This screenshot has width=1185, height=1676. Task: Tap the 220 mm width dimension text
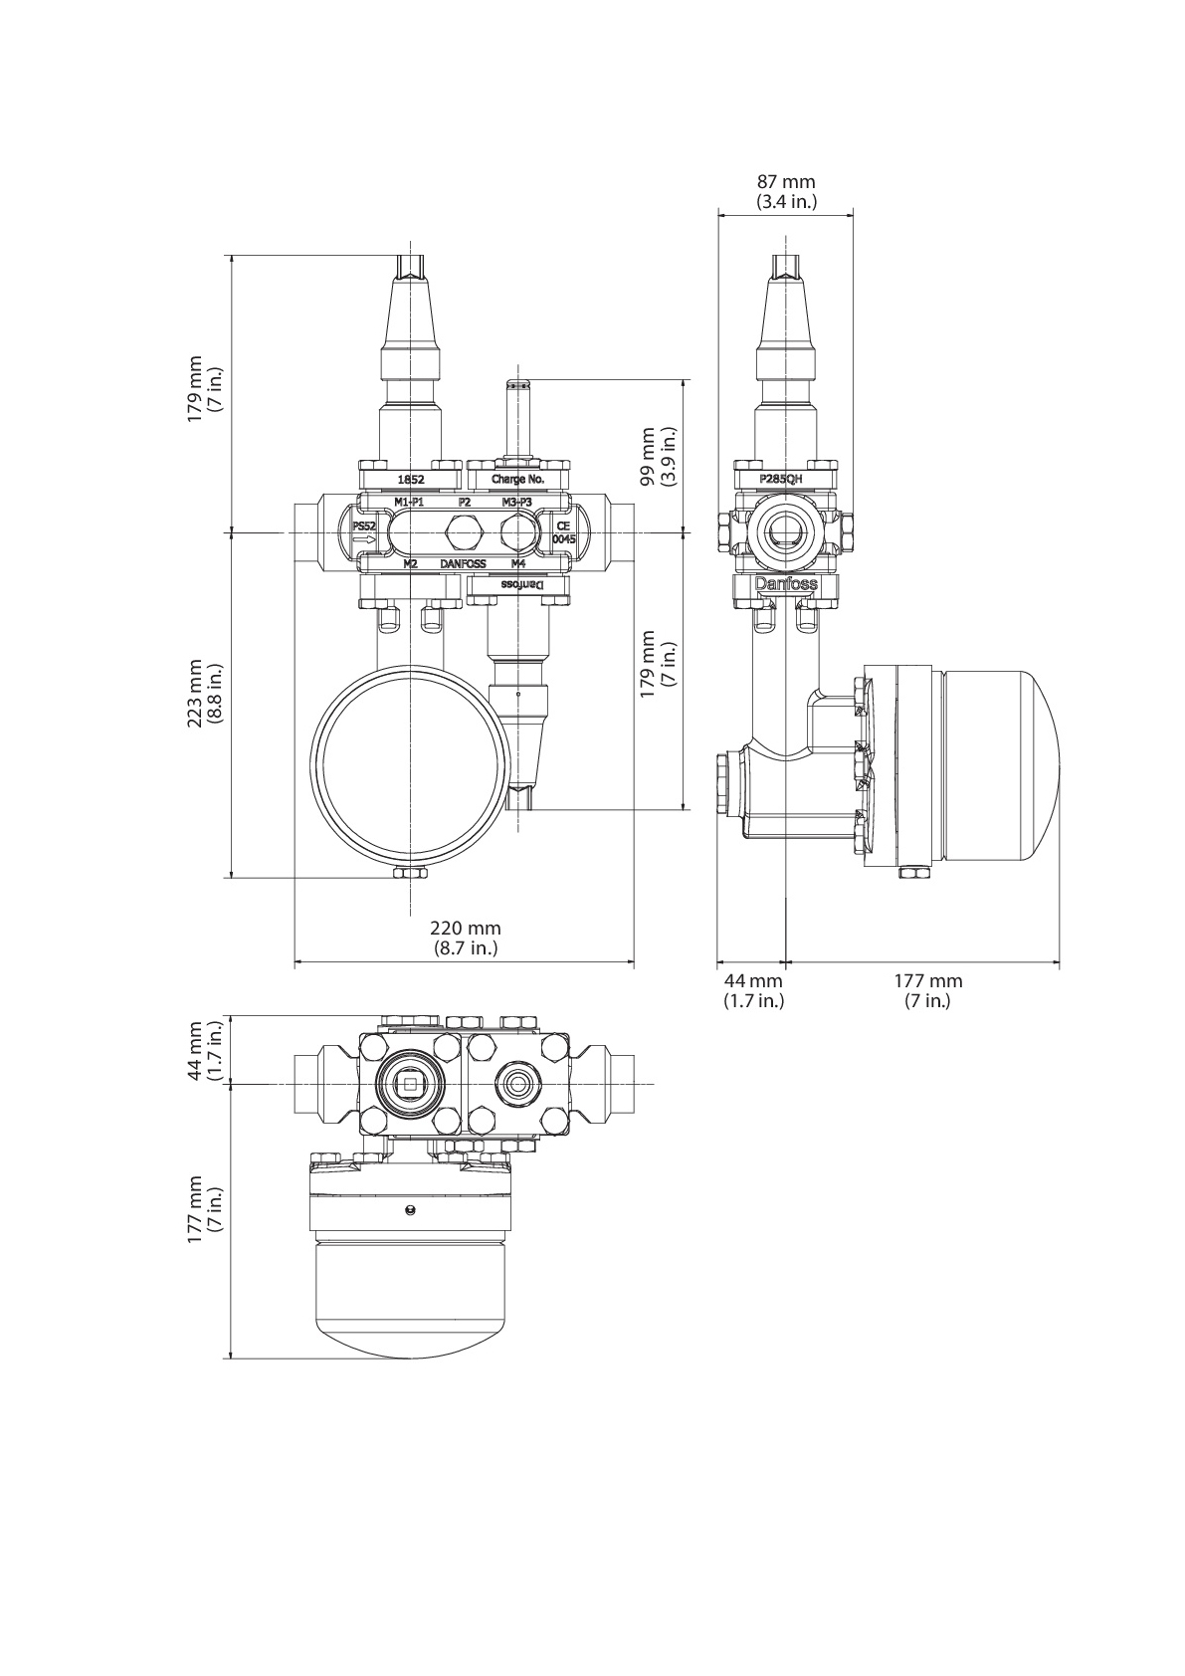(466, 939)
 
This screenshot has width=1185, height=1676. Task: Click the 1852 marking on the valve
(411, 480)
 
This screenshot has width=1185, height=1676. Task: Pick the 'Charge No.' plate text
(517, 480)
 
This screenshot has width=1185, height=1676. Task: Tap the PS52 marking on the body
(365, 525)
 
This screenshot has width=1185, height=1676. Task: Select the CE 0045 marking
(563, 532)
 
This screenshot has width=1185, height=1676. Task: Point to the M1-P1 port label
(409, 502)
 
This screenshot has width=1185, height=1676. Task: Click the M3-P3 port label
(517, 502)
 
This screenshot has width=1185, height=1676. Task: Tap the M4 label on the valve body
(517, 564)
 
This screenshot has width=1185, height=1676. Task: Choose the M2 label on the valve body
(410, 564)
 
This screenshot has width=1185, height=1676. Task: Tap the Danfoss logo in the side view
(786, 584)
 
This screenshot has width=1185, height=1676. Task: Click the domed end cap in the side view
(1000, 764)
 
